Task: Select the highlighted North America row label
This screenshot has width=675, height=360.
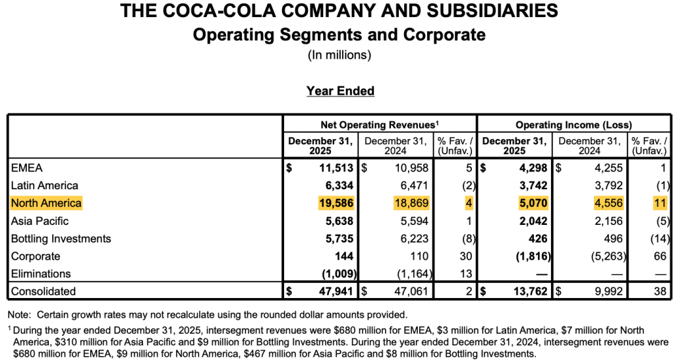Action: [x=47, y=203]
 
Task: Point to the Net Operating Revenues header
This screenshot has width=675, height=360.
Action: [x=380, y=124]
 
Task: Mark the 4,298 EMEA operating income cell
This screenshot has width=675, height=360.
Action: [x=531, y=168]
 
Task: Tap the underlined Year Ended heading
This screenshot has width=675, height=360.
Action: [x=340, y=91]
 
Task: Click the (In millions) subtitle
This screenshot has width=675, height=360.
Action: [x=339, y=55]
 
